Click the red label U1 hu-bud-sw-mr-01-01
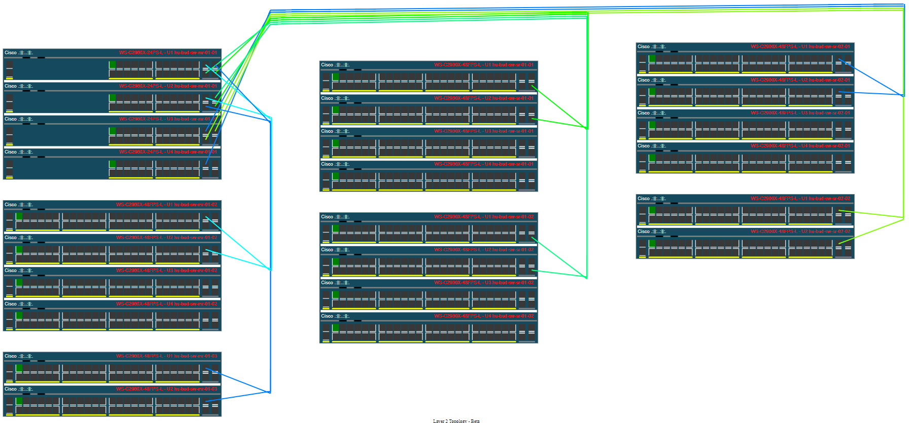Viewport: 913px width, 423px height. coord(168,53)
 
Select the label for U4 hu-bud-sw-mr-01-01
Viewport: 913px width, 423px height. coord(168,152)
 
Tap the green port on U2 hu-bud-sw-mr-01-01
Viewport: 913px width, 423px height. coord(112,98)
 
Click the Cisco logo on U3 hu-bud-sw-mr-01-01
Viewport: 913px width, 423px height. coord(19,119)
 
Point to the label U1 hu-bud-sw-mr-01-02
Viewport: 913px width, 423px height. coord(166,205)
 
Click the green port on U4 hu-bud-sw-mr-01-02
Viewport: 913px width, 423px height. coord(19,316)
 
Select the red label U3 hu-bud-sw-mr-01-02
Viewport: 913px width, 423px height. coord(166,271)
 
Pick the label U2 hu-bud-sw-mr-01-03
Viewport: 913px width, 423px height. coord(166,389)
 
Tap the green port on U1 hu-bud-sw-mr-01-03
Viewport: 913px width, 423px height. coord(19,368)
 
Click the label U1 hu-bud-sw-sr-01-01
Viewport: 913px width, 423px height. coord(484,65)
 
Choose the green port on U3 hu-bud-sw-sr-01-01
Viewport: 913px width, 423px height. coord(335,143)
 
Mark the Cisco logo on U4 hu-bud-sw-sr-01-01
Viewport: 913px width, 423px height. coord(335,164)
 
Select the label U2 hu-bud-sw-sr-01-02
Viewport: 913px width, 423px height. coord(484,250)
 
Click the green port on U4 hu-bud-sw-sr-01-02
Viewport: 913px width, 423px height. coord(335,328)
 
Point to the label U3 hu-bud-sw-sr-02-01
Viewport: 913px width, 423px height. coord(800,113)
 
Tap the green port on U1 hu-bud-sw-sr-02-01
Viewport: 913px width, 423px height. coord(652,58)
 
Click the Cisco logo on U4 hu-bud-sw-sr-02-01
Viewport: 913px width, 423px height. coord(652,146)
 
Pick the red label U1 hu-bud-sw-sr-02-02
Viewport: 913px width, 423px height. coord(800,199)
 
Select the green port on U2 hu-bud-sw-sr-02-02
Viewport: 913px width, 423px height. coord(652,243)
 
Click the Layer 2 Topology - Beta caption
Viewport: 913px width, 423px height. coord(456,421)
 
